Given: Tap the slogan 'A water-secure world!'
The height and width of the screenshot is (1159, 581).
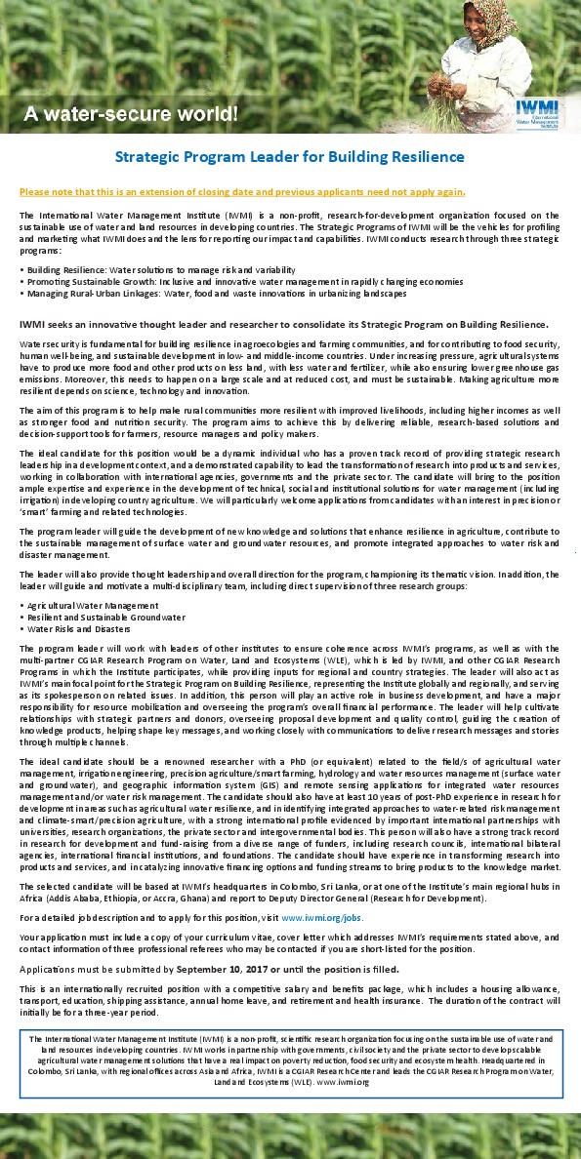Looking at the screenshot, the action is [130, 115].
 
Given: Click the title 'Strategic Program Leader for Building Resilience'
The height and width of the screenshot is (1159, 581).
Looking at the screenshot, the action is [290, 157].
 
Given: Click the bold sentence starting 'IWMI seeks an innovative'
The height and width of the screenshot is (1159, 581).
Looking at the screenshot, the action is [284, 324].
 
